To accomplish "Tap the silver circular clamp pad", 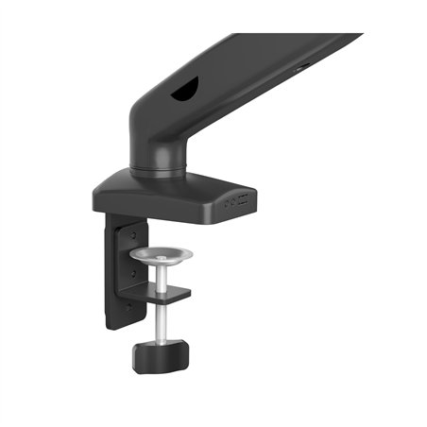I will [x=160, y=255].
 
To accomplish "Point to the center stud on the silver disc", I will [x=160, y=252].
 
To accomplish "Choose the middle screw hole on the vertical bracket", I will [x=133, y=271].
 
